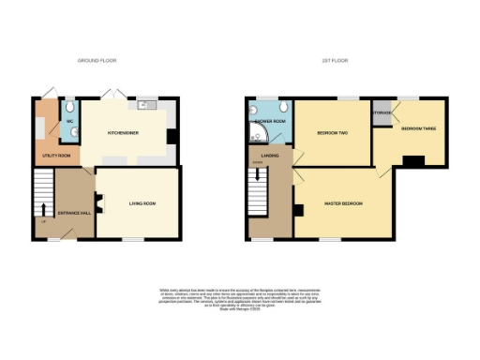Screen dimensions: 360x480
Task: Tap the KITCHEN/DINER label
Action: [123, 133]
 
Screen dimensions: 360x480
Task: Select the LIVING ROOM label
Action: [142, 202]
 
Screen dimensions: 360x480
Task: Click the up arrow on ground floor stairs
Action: [43, 208]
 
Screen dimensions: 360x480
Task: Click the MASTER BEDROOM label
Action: [346, 203]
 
